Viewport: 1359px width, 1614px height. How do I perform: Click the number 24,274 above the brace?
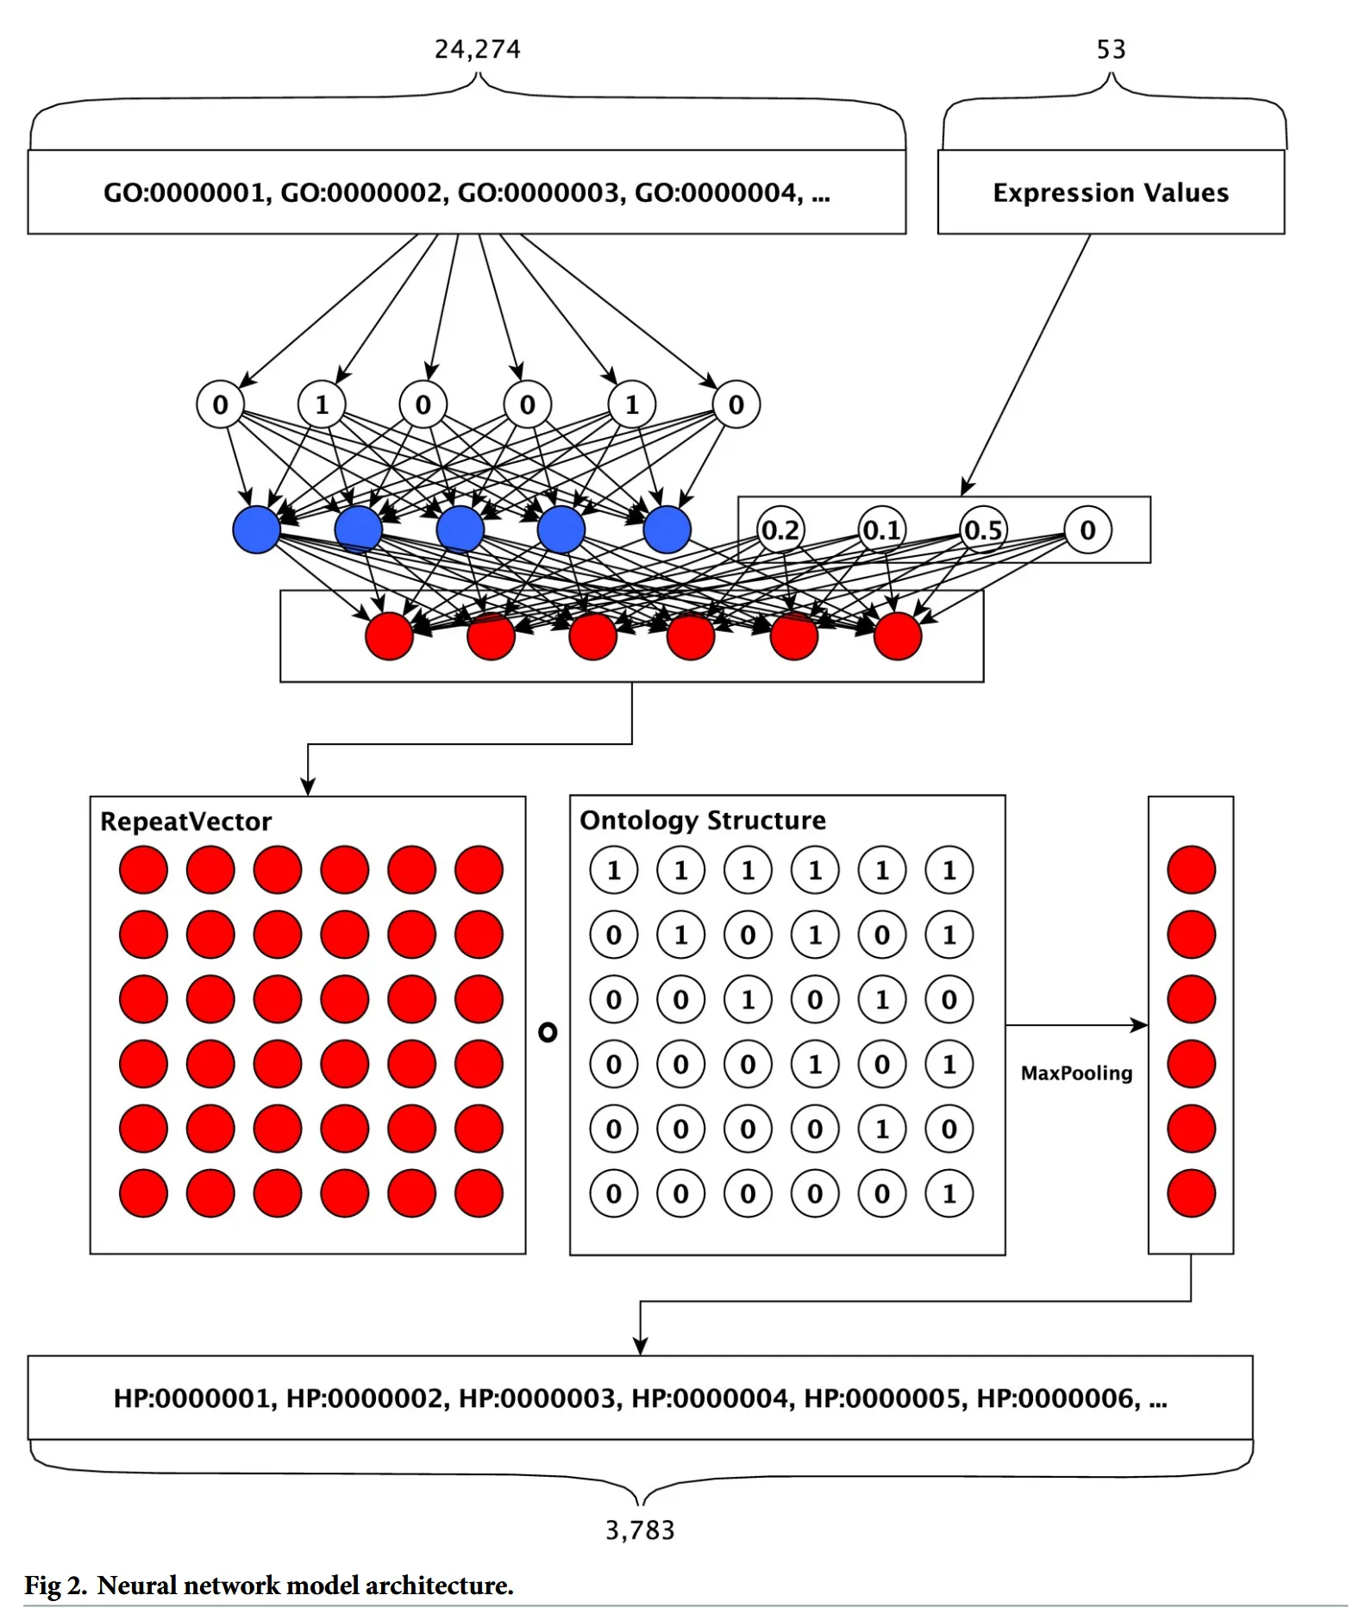tap(477, 49)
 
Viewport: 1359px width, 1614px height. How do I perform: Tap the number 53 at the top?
tap(1111, 49)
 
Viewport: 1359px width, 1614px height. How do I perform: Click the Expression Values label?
tap(1111, 192)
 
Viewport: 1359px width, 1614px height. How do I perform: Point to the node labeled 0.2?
tap(780, 529)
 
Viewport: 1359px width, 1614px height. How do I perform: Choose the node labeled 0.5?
tap(983, 529)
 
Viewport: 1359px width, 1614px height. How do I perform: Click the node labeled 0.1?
tap(881, 529)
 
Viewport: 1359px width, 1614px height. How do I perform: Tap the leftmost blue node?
tap(256, 529)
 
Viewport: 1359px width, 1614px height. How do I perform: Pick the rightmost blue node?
tap(667, 529)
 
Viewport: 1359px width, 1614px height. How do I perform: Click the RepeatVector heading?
tap(185, 821)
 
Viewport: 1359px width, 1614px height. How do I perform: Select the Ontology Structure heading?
tap(702, 820)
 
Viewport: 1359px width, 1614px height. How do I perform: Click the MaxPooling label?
tap(1076, 1073)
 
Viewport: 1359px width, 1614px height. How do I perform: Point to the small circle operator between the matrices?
tap(548, 1031)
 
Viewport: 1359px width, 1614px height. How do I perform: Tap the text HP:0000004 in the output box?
tap(711, 1398)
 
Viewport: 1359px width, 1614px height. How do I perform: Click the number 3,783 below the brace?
tap(640, 1530)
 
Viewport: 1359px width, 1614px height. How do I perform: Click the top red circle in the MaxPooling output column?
tap(1191, 869)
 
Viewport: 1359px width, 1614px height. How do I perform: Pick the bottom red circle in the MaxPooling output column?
tap(1191, 1193)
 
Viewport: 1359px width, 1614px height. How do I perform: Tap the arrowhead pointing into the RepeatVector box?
tap(308, 787)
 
